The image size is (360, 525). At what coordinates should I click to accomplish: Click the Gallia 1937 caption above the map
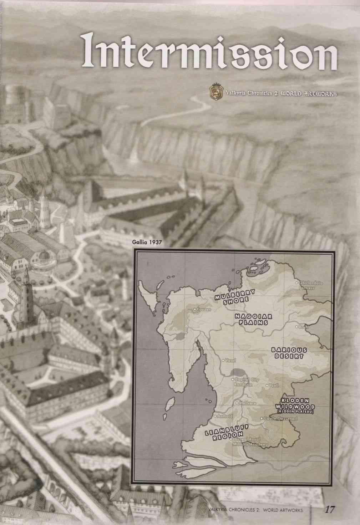(147, 242)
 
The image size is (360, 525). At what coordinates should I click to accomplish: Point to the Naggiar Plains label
(254, 319)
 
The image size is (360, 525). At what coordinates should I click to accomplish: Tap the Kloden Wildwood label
(296, 403)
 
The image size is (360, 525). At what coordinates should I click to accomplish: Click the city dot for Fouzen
(194, 309)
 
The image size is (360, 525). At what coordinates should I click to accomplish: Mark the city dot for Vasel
(223, 361)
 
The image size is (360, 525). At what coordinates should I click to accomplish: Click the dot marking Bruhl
(297, 326)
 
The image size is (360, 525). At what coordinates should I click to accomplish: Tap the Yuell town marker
(267, 386)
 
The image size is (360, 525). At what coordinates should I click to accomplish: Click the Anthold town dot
(214, 416)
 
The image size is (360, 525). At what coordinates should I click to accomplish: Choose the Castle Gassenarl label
(280, 418)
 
